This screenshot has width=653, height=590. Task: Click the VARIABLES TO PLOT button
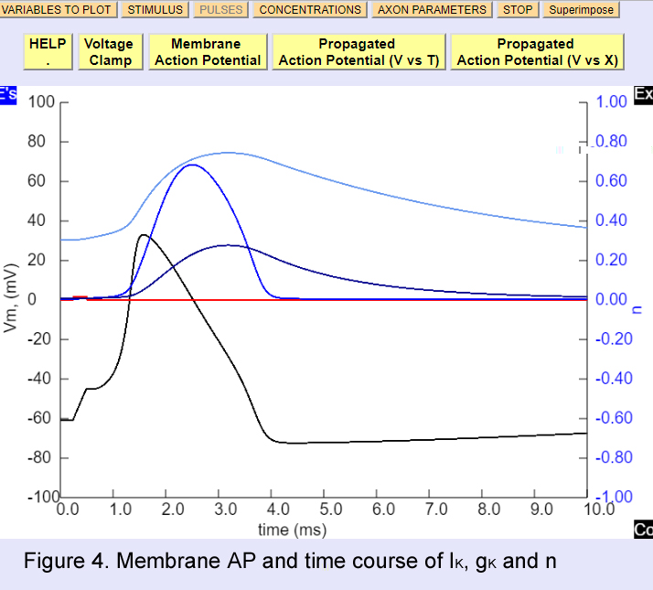point(57,10)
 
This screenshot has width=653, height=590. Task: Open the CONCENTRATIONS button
point(310,10)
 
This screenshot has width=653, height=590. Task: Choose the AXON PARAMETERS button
point(433,10)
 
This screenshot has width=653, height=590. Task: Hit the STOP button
point(518,10)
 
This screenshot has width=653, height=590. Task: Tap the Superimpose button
point(582,10)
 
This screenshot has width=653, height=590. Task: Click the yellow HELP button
point(48,52)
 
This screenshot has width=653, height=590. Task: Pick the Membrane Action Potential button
point(208,52)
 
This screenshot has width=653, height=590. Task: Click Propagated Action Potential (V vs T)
point(358,52)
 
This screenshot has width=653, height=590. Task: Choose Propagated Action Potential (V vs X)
point(537,52)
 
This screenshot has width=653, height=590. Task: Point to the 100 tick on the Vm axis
point(40,102)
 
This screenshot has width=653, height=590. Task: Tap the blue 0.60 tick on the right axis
point(611,181)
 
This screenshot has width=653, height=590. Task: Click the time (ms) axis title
point(291,530)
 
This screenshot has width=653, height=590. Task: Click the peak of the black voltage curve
point(144,235)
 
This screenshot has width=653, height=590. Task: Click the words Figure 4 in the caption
point(61,560)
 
